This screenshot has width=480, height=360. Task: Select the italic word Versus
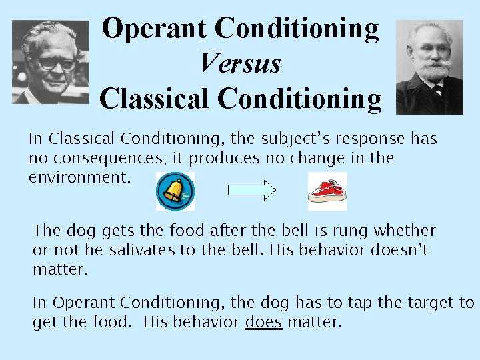click(x=240, y=64)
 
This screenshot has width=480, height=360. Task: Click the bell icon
click(x=175, y=191)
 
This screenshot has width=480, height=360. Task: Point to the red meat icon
click(x=327, y=191)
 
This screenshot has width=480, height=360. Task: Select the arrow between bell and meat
click(x=251, y=191)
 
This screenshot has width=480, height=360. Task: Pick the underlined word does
click(x=263, y=323)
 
